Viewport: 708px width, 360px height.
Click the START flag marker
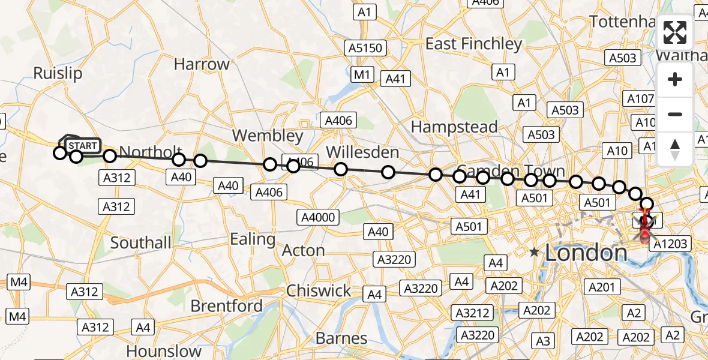[x=82, y=146]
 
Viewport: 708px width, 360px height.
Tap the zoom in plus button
[x=675, y=80]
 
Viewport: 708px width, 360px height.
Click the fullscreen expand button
[x=675, y=33]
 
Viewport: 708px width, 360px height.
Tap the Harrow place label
[x=202, y=64]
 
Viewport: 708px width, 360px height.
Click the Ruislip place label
[x=58, y=73]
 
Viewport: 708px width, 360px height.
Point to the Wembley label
[x=268, y=135]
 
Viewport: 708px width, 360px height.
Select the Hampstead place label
[x=454, y=127]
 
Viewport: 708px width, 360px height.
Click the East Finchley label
[x=473, y=44]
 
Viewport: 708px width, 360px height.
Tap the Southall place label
[x=140, y=243]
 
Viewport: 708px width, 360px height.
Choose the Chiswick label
[x=319, y=291]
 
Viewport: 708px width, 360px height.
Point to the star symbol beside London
[x=535, y=253]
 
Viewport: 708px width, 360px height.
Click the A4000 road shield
[x=318, y=217]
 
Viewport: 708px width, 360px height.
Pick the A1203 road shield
[x=671, y=244]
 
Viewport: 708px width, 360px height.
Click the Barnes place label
[x=341, y=338]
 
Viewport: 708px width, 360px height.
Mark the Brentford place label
[x=227, y=306]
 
